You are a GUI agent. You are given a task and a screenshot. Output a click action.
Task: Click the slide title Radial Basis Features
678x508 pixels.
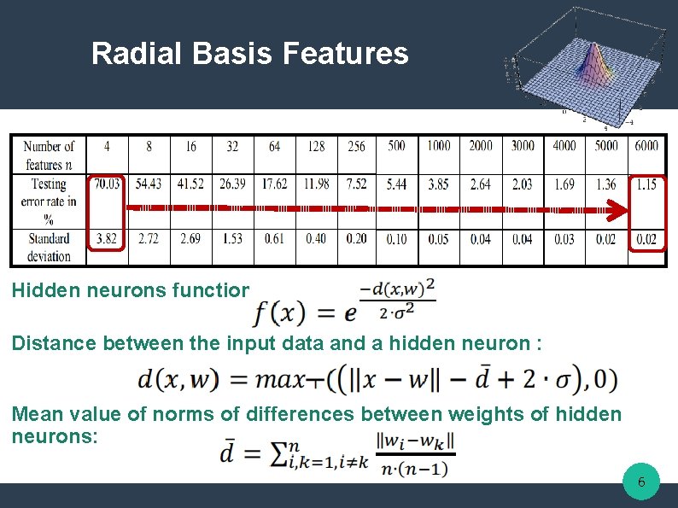(249, 54)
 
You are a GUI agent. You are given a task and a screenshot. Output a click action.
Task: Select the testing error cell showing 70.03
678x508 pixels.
(106, 184)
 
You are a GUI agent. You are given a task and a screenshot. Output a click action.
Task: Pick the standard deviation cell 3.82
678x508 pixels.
(106, 239)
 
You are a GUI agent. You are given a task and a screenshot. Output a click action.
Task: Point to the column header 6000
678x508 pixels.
(646, 146)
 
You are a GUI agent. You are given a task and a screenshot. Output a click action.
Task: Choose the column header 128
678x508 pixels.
(316, 146)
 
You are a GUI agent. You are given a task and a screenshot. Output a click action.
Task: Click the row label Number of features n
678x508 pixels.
(49, 155)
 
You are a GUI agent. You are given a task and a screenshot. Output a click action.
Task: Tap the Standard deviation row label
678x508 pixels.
(49, 246)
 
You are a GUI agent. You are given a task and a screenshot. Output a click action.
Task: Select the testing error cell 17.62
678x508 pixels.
(274, 184)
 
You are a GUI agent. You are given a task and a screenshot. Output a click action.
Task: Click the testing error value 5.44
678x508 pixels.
(396, 184)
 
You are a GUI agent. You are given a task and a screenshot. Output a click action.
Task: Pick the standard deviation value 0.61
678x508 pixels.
(274, 239)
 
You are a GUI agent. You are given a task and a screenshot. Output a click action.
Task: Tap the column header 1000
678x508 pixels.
(439, 146)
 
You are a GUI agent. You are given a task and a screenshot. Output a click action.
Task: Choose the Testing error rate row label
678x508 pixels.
(49, 201)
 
